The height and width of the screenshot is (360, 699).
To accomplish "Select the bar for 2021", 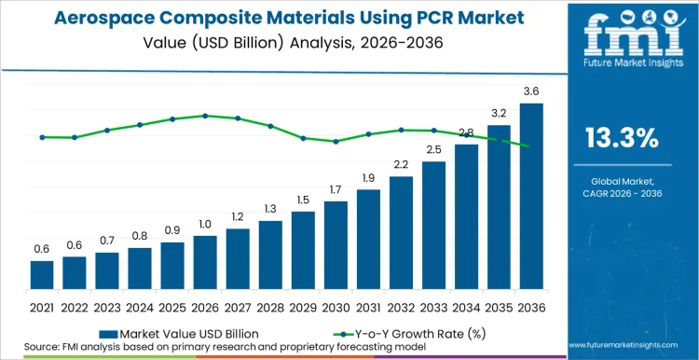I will pos(42,275).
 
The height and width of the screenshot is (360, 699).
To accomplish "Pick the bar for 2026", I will pos(205,262).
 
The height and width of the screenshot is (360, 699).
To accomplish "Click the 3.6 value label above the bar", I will pos(531,91).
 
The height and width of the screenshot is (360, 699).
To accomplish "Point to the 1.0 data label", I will pos(205,224).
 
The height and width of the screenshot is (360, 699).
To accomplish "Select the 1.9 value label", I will pos(368,178).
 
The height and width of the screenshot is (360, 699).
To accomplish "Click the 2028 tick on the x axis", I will pos(270,307).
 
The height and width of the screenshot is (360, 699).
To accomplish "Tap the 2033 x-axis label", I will pos(433,307).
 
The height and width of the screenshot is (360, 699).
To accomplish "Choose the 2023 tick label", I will pos(107,307).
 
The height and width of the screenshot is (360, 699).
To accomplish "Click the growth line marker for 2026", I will pos(205,116).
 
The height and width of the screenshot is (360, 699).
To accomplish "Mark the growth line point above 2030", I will pos(336,142).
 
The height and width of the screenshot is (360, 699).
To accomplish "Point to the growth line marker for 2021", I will pos(42,137).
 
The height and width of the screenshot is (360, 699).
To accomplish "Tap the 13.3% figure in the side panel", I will pos(622,139).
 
